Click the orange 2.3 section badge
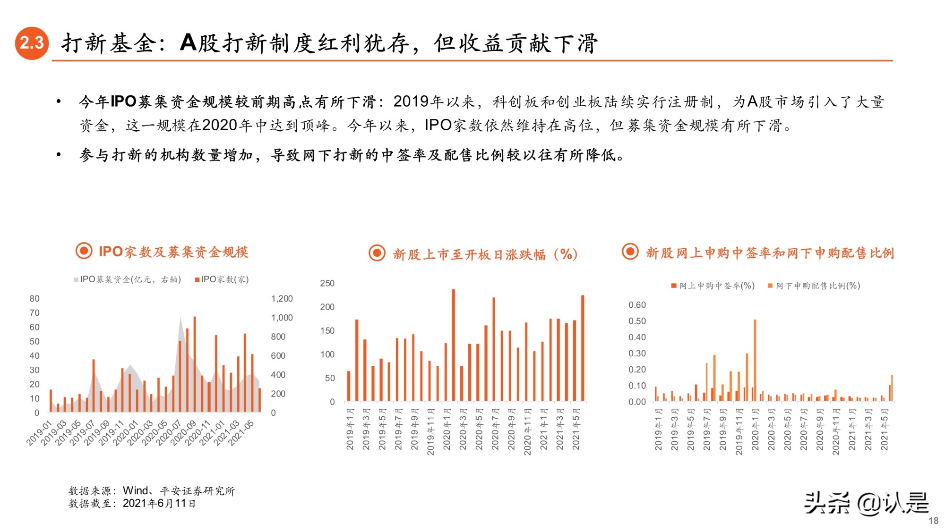click(32, 43)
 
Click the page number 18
click(933, 521)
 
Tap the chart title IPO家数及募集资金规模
click(173, 252)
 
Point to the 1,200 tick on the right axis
click(282, 298)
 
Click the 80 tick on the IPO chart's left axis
click(34, 298)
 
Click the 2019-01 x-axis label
click(38, 433)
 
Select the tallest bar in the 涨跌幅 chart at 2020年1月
click(453, 345)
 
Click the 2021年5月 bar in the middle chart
click(582, 348)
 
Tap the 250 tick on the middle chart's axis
click(327, 283)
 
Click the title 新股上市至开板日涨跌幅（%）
click(485, 254)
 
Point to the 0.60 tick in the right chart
click(637, 305)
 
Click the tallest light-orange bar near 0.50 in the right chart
click(755, 360)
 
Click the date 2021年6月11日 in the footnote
click(159, 504)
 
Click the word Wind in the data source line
click(135, 491)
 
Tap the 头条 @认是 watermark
click(866, 503)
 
